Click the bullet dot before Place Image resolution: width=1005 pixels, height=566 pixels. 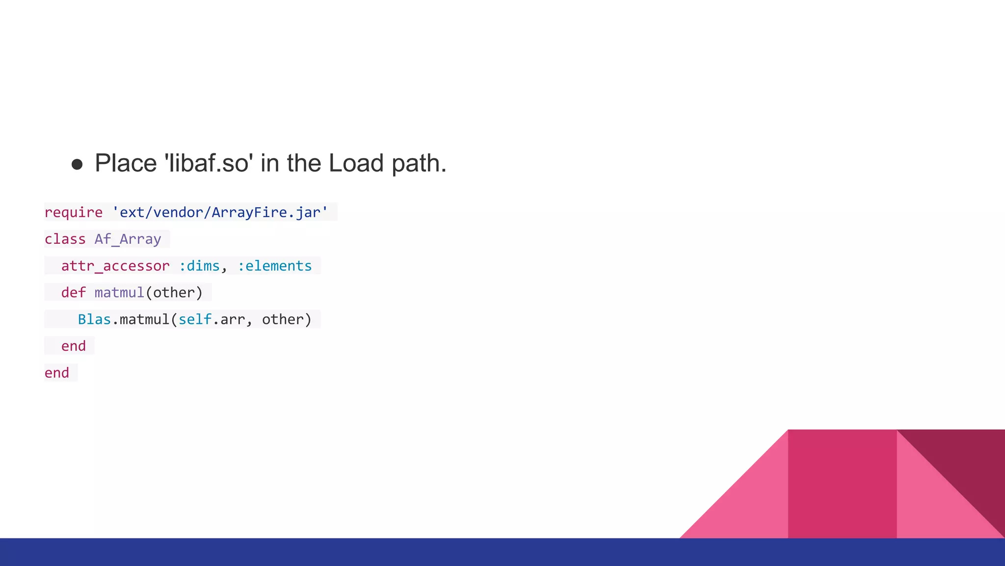pos(77,164)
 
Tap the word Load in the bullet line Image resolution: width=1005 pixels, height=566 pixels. pos(356,163)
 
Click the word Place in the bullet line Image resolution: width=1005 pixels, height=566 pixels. pos(126,163)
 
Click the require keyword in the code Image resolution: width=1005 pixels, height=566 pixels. pos(74,212)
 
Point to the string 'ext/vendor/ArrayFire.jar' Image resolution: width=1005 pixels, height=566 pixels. pos(220,212)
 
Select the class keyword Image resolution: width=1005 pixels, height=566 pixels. pos(65,239)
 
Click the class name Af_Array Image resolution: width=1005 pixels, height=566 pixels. pos(128,239)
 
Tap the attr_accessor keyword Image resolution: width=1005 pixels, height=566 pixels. pos(115,266)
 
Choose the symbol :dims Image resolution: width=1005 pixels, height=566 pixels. pos(199,266)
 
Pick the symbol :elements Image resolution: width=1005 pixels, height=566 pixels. pos(275,266)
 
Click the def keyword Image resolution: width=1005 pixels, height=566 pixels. pos(73,293)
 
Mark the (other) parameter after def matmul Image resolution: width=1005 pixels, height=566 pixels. pos(174,293)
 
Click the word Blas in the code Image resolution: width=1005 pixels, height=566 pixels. pos(94,319)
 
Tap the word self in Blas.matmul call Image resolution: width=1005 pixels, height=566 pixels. pos(195,319)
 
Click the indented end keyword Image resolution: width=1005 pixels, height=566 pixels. pos(74,346)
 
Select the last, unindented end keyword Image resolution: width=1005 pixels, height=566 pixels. pos(57,373)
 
